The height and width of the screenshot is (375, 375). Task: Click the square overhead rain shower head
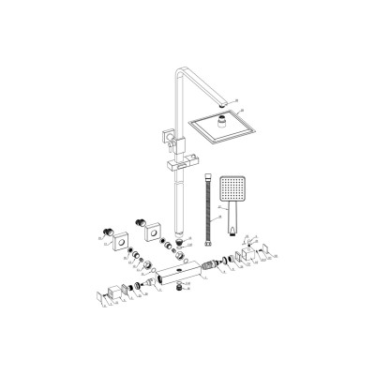[x=224, y=131]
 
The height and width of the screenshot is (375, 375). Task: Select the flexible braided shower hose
[x=206, y=212]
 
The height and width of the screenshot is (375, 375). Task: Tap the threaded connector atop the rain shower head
[x=222, y=118]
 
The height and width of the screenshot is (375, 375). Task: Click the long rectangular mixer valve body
[x=187, y=276]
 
